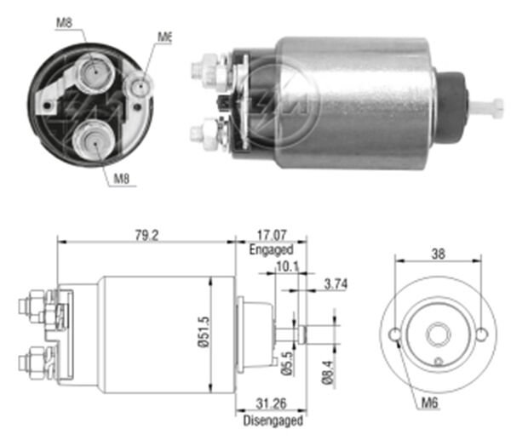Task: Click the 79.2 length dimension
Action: (x=146, y=234)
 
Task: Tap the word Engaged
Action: (x=272, y=250)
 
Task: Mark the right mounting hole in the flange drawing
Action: (x=481, y=334)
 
